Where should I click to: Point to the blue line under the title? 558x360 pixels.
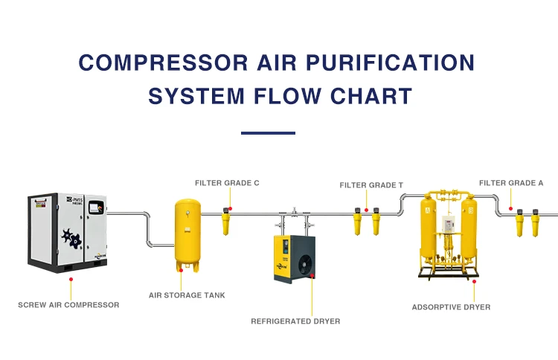point(268,133)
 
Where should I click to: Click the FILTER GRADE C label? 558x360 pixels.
point(227,182)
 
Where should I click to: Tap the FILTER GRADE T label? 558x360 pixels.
point(371,184)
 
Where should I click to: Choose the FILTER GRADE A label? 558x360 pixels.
point(511,182)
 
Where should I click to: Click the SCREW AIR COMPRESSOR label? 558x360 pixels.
point(68,304)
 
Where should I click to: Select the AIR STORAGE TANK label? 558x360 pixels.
point(187,295)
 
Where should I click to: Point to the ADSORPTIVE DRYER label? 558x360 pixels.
point(451,306)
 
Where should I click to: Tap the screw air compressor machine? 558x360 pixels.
point(67,232)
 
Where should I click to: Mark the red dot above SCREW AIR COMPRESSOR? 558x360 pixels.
point(71,279)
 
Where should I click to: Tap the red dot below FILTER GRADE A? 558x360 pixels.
point(510,208)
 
